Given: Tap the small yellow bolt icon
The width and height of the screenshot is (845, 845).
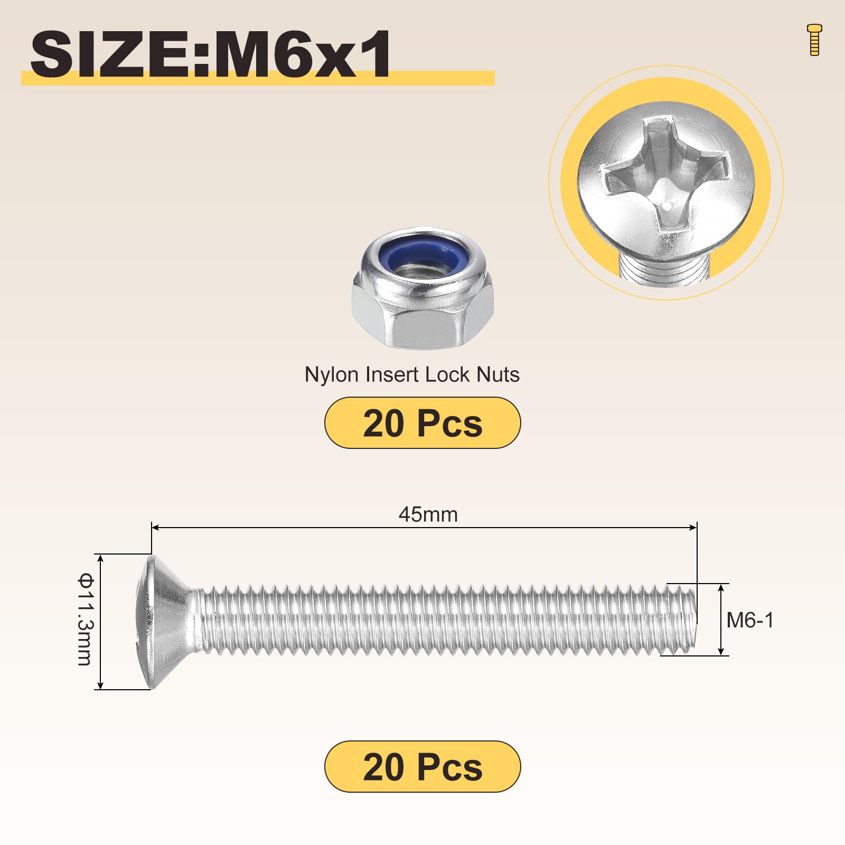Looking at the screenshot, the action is pos(814,40).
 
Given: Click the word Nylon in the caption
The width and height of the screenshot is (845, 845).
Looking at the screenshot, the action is pos(324,375).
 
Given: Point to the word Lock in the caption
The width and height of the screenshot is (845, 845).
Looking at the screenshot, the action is pos(447,374).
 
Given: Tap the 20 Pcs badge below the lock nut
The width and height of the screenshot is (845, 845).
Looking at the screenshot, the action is pos(422,423).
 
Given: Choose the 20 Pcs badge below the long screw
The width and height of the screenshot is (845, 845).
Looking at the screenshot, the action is pos(422,766).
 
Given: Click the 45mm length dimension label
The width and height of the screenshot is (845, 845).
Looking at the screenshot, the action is pos(428,514).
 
